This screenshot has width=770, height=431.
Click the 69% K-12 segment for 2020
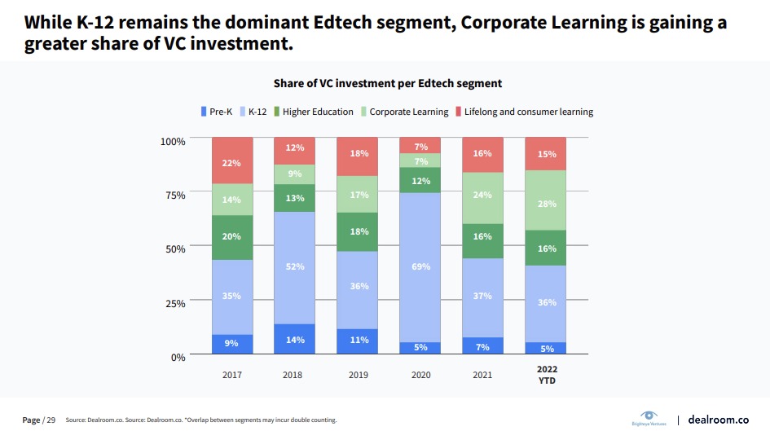(420, 267)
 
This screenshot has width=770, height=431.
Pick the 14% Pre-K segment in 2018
(295, 339)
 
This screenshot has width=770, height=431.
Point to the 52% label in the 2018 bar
(295, 266)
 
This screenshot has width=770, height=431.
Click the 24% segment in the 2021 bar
(482, 196)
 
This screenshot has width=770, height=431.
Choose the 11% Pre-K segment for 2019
(358, 341)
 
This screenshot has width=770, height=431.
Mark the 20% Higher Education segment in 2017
(232, 237)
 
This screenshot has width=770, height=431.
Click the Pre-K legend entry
(216, 112)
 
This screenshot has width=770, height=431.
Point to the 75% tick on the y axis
(174, 195)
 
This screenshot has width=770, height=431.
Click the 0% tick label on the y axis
(178, 357)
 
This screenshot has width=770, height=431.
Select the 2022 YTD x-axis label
(545, 374)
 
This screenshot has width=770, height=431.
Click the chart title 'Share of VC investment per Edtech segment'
(386, 83)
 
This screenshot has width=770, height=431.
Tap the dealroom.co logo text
(718, 419)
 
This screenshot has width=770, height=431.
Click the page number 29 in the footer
(51, 420)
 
